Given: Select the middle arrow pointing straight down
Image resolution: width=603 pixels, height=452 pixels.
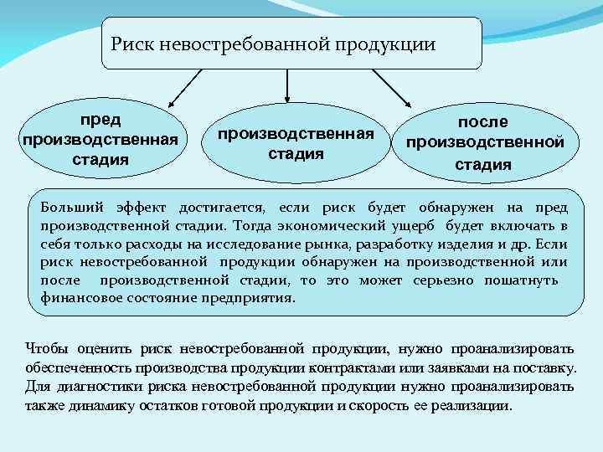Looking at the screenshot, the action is pyautogui.click(x=288, y=85).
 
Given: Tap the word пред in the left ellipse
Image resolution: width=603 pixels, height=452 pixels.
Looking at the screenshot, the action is pyautogui.click(x=100, y=120).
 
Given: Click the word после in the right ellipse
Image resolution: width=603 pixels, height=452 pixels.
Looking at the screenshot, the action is pyautogui.click(x=482, y=122).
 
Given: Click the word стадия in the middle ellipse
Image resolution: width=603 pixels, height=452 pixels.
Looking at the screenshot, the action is pyautogui.click(x=295, y=154).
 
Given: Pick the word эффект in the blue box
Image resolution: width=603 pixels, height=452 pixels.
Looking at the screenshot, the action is pyautogui.click(x=141, y=207).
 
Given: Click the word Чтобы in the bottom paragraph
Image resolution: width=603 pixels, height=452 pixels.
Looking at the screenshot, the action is pyautogui.click(x=48, y=348).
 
